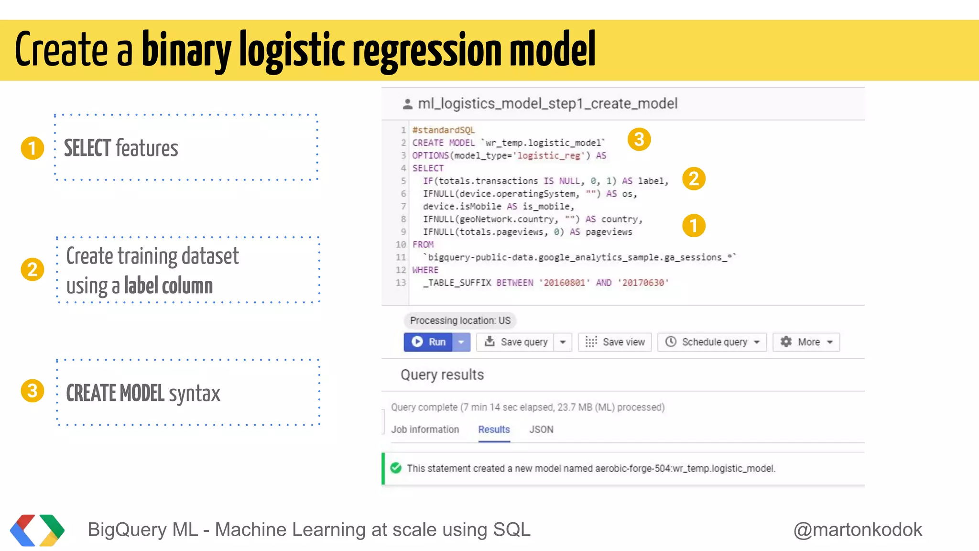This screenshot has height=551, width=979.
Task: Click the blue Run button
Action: (428, 342)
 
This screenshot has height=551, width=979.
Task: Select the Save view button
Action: (615, 342)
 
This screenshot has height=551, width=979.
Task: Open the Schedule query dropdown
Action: (712, 342)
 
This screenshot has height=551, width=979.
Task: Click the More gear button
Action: (806, 342)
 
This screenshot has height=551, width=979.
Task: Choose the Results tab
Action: (494, 430)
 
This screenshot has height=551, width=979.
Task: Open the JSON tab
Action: (541, 430)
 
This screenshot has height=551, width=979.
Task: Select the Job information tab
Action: (425, 430)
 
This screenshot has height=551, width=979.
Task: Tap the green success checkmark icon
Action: (396, 468)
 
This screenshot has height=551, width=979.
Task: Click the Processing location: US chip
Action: (460, 320)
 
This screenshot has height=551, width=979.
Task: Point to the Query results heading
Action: (442, 375)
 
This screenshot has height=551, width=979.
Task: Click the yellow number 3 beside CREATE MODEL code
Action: (639, 140)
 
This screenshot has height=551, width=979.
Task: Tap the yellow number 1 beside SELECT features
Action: (33, 148)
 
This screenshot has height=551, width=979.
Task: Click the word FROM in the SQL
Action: (423, 244)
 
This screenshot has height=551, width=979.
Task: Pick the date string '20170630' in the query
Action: (643, 283)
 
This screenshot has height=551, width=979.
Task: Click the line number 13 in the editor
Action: (401, 283)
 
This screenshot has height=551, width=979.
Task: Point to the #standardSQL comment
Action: (444, 130)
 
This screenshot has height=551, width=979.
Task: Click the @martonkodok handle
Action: (858, 529)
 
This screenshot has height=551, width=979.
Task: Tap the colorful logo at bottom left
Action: (37, 530)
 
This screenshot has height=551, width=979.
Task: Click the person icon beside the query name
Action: (407, 104)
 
